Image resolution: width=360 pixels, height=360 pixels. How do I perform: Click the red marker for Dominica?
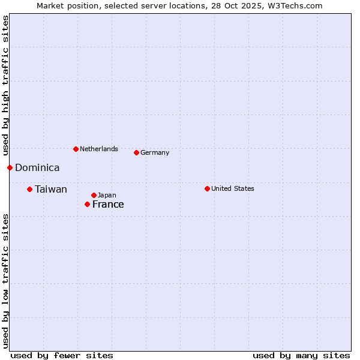pyautogui.click(x=10, y=167)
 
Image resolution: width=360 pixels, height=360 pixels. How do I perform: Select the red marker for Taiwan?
pyautogui.click(x=29, y=189)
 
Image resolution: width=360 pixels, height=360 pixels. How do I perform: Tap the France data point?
pyautogui.click(x=87, y=204)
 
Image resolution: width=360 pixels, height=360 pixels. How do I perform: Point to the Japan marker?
pyautogui.click(x=94, y=195)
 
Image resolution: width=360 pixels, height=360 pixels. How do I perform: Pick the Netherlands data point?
pyautogui.click(x=76, y=149)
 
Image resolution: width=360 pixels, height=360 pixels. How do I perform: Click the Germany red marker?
pyautogui.click(x=136, y=152)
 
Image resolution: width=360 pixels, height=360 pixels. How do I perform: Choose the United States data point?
pyautogui.click(x=207, y=188)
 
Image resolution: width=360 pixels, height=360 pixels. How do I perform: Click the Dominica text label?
pyautogui.click(x=37, y=168)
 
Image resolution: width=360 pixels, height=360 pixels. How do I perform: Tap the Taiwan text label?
pyautogui.click(x=51, y=190)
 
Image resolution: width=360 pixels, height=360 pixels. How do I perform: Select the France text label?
pyautogui.click(x=108, y=205)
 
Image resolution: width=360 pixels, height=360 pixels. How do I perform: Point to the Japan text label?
pyautogui.click(x=107, y=196)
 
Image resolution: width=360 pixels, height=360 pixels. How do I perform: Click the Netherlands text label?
pyautogui.click(x=99, y=149)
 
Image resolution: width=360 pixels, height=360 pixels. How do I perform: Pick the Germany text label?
pyautogui.click(x=155, y=153)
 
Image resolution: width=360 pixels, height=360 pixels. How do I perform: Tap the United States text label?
pyautogui.click(x=233, y=189)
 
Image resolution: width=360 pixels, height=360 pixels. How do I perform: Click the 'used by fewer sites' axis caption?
pyautogui.click(x=62, y=355)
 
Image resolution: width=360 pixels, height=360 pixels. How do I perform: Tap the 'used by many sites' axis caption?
pyautogui.click(x=301, y=355)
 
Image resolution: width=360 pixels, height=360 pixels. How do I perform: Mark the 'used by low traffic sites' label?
pyautogui.click(x=5, y=281)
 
